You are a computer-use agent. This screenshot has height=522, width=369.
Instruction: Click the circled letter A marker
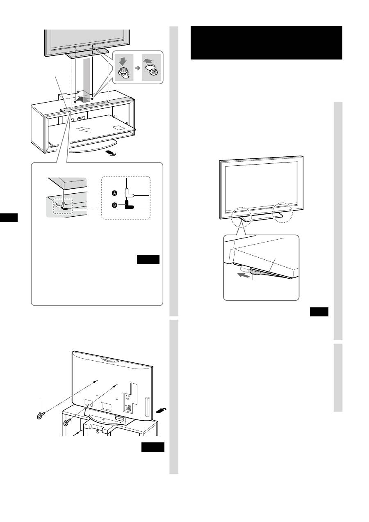tap(114, 193)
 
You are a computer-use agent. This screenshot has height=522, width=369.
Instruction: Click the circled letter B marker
tap(114, 205)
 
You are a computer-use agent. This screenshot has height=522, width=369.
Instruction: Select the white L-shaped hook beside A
tap(129, 193)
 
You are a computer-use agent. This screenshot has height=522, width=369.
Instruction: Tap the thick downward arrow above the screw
tap(123, 62)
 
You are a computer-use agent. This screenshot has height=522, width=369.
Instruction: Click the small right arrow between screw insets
tap(138, 68)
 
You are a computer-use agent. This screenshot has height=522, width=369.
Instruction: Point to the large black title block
tap(266, 43)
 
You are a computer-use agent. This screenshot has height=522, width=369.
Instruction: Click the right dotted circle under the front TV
tap(282, 213)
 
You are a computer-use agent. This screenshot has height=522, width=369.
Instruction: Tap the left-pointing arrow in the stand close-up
tap(243, 275)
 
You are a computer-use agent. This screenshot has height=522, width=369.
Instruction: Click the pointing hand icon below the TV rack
tap(111, 153)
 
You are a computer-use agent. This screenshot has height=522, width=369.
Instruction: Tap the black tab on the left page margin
tap(9, 217)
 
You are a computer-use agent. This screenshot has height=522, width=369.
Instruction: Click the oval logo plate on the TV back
tap(110, 359)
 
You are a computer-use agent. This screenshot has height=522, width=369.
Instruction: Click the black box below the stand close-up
tap(319, 312)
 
